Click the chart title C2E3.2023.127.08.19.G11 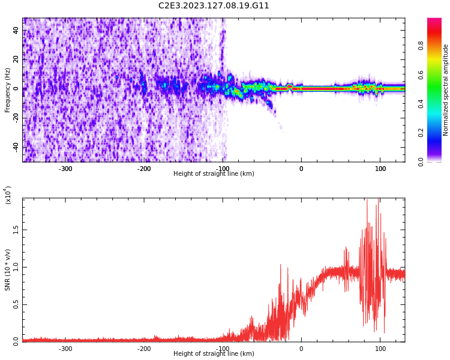(214, 6)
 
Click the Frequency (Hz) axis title (8, 90)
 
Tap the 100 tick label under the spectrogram (380, 169)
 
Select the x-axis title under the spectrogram (214, 174)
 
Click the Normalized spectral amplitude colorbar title (446, 90)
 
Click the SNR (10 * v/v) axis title (8, 270)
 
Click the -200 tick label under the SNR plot (144, 349)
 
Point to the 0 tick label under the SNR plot (301, 349)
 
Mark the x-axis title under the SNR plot (214, 354)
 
